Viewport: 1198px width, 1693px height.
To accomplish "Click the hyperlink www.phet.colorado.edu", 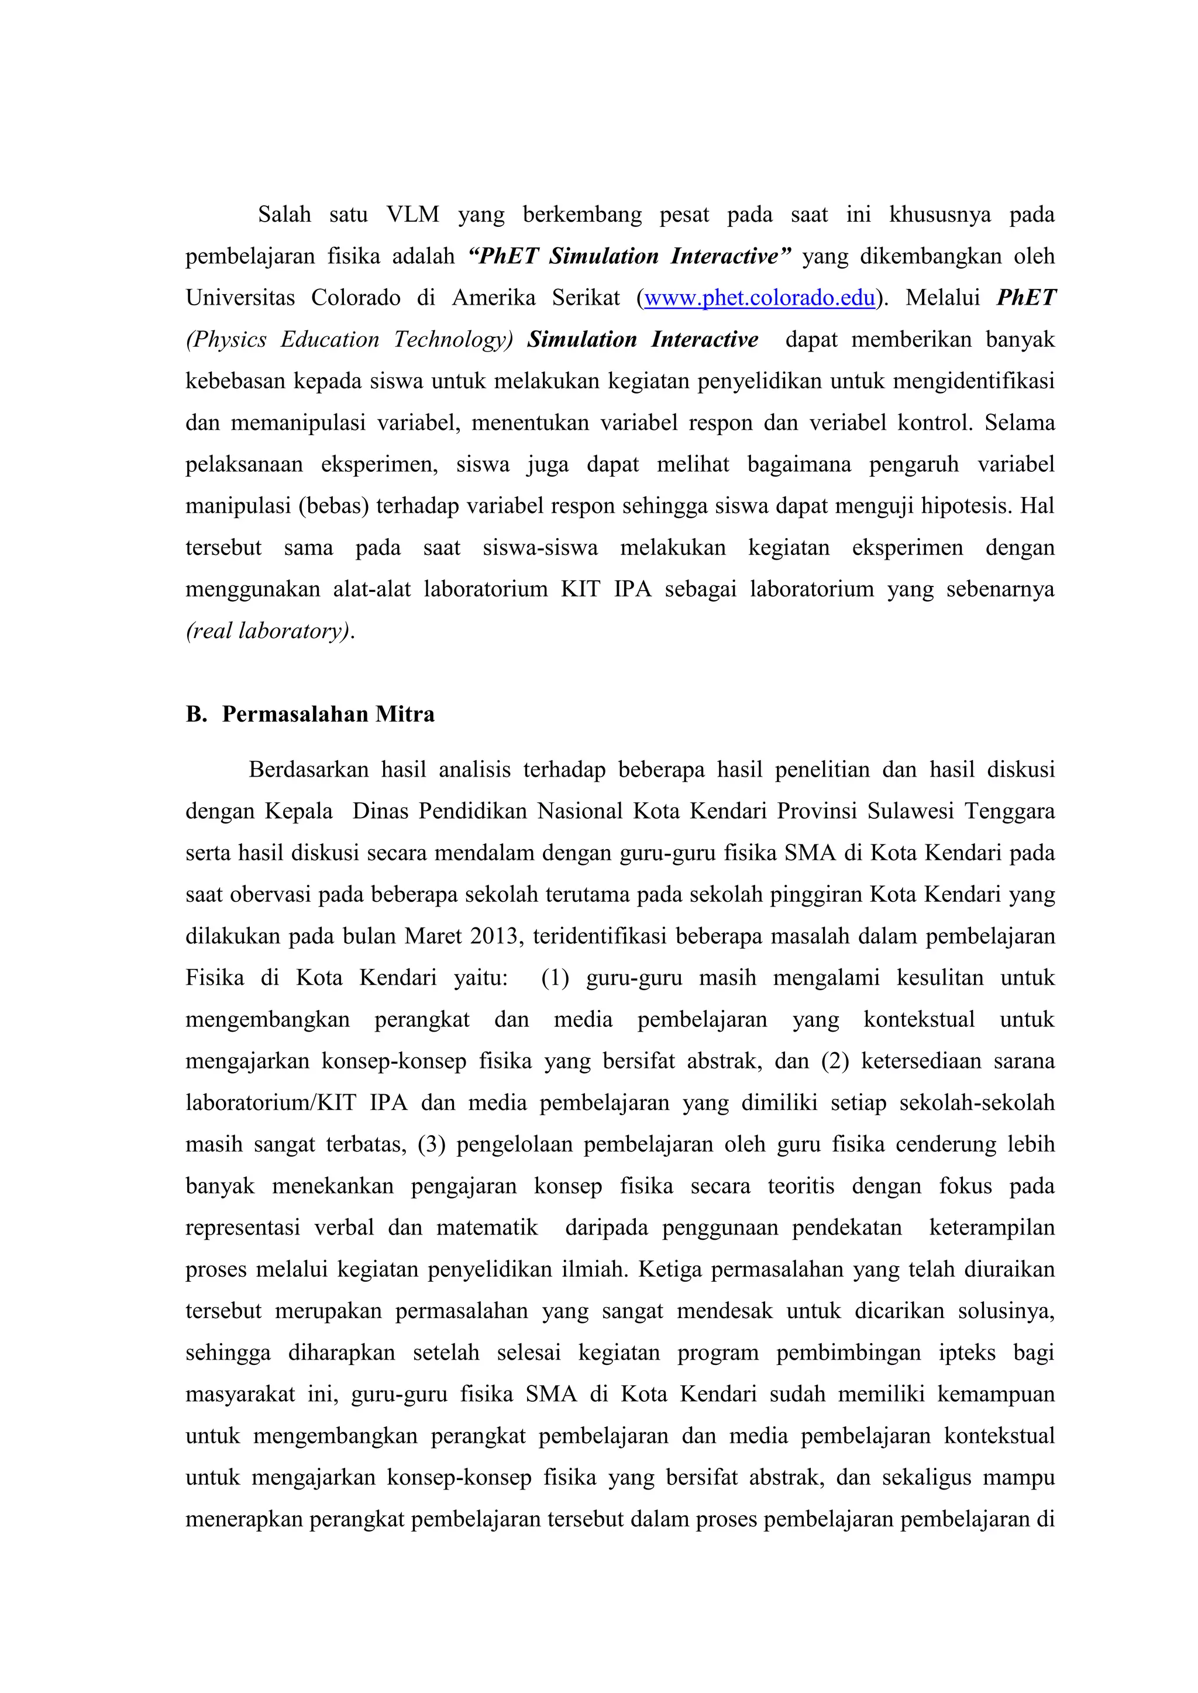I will pyautogui.click(x=759, y=298).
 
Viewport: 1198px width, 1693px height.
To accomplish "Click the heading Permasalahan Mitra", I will pyautogui.click(x=328, y=714).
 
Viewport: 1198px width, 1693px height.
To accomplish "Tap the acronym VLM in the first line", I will pyautogui.click(x=412, y=215).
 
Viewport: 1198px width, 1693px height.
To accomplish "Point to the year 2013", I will pyautogui.click(x=497, y=936).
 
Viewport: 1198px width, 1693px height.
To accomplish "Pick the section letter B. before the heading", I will pyautogui.click(x=196, y=714).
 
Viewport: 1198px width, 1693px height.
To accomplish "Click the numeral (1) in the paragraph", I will pyautogui.click(x=555, y=978).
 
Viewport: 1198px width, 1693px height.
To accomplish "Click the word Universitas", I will pyautogui.click(x=240, y=298).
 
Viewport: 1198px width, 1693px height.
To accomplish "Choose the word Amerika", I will pyautogui.click(x=494, y=298).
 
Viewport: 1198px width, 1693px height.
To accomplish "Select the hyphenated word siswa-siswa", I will pyautogui.click(x=540, y=548).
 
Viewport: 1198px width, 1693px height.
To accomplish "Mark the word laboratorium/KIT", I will pyautogui.click(x=270, y=1103).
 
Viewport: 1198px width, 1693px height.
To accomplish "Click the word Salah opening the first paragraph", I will pyautogui.click(x=284, y=215).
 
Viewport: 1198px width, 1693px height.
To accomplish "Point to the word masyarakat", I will pyautogui.click(x=240, y=1394).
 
